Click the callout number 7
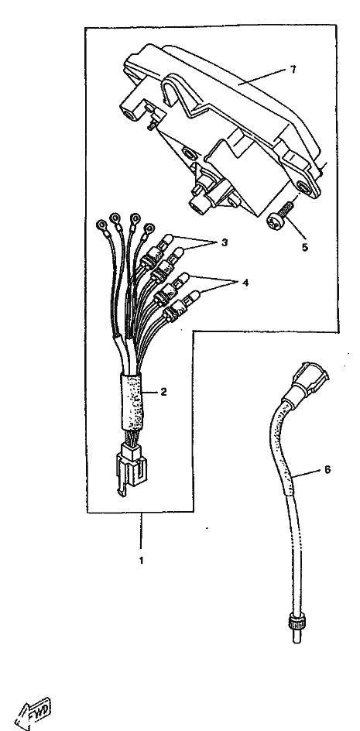click(293, 70)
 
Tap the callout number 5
click(304, 246)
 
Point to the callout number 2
click(163, 392)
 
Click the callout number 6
click(327, 470)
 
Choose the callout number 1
click(142, 561)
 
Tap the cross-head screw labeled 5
click(279, 215)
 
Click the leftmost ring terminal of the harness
click(101, 226)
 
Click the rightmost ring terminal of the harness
click(149, 228)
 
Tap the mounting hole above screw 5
click(304, 187)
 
